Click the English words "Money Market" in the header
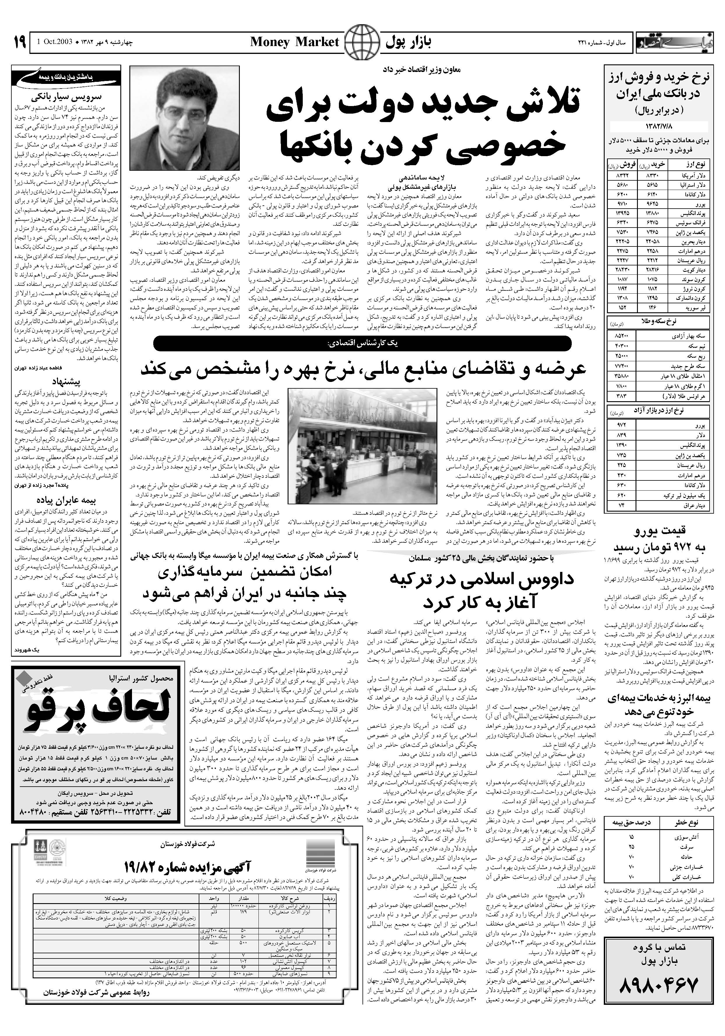pyautogui.click(x=294, y=43)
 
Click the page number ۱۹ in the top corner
pyautogui.click(x=19, y=43)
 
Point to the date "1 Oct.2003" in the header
pyautogui.click(x=54, y=43)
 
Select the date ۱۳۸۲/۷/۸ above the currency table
pyautogui.click(x=659, y=126)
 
